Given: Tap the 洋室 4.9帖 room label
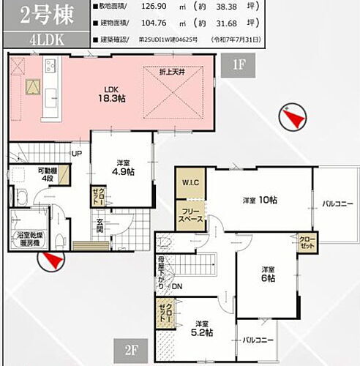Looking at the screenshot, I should pos(124,167).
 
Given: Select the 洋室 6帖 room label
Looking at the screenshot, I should pos(268,273).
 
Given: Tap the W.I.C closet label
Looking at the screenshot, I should pos(187,182).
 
